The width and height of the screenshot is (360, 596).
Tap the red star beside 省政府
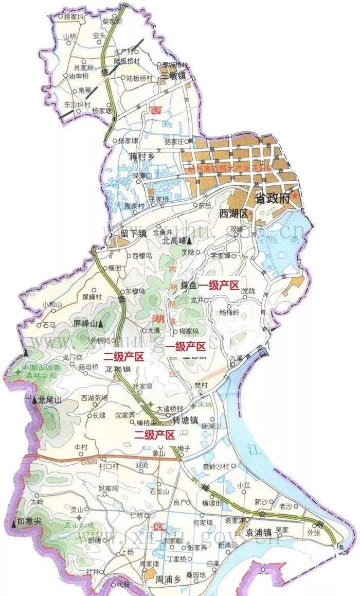295,196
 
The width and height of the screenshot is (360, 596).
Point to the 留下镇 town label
134,233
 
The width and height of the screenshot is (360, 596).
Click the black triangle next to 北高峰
190,240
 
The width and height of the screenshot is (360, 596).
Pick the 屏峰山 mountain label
85,323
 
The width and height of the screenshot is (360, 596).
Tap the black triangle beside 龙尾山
34,399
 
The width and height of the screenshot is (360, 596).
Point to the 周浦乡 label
170,580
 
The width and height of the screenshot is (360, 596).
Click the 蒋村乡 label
142,156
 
